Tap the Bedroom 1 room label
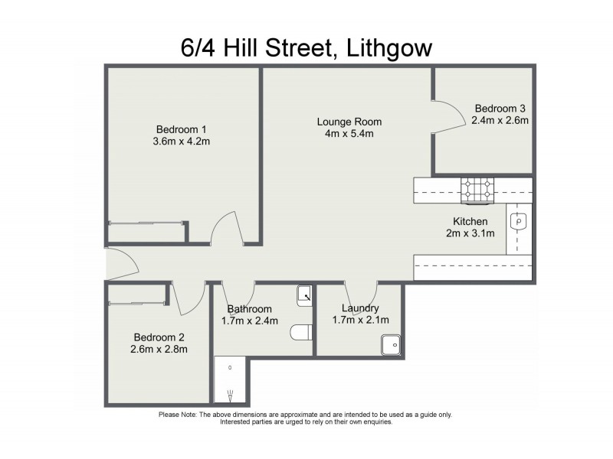[182, 129]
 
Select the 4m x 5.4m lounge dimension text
[349, 134]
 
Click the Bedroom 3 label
[500, 108]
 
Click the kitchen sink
[519, 222]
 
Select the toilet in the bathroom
[300, 333]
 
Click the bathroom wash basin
[304, 293]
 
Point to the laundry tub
[391, 346]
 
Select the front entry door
[121, 264]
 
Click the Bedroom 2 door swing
[189, 297]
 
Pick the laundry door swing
[361, 293]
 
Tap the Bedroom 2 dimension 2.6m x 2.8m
[160, 349]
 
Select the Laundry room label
[360, 308]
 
